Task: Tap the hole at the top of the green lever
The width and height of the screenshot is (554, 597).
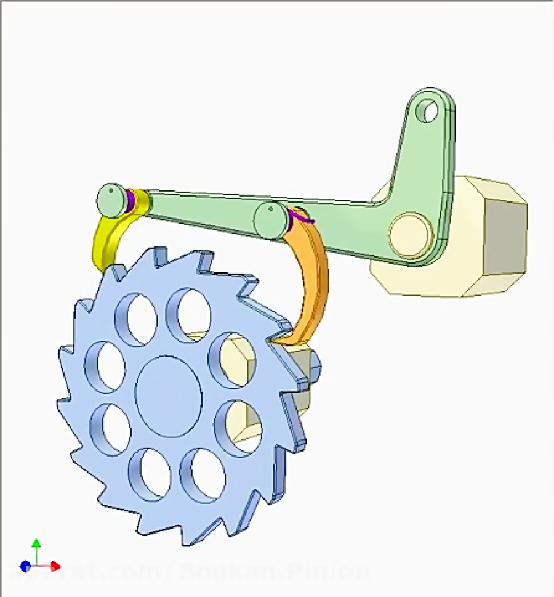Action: click(428, 111)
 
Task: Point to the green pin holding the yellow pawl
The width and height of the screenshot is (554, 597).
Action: click(111, 200)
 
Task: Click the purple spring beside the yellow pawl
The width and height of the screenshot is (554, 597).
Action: click(130, 200)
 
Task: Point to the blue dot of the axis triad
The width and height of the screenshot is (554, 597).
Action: click(25, 566)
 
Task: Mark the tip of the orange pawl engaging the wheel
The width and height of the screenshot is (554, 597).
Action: click(281, 337)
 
